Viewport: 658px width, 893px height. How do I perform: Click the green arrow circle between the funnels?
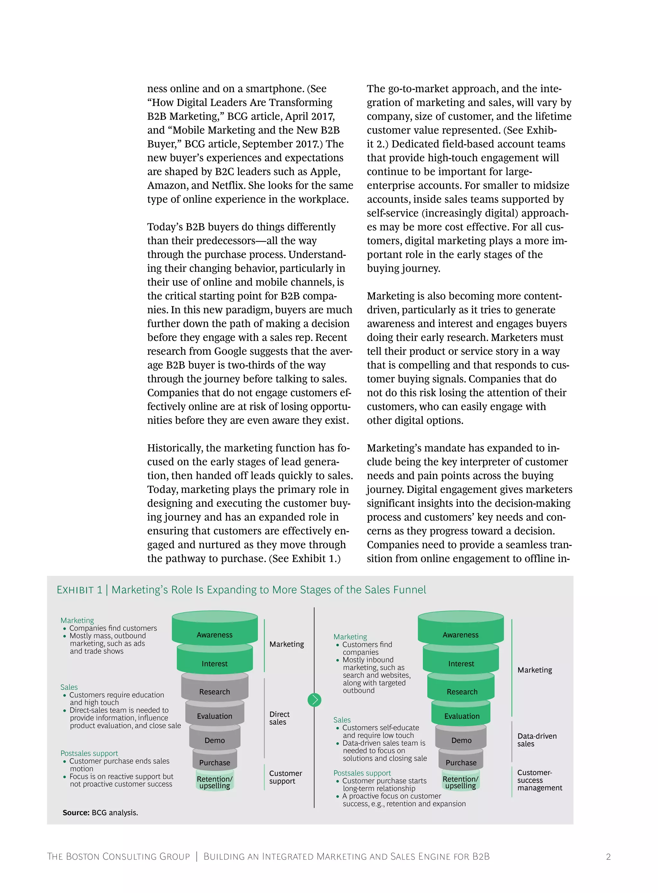point(314,700)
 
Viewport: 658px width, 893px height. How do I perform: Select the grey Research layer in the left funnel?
point(215,692)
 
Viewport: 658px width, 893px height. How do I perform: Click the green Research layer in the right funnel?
point(461,692)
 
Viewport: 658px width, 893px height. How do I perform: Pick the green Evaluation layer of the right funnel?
point(461,716)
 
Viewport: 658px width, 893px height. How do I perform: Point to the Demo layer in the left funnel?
point(215,740)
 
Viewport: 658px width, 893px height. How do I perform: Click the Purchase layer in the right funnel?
point(461,762)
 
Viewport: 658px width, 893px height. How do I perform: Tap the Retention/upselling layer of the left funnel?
point(215,782)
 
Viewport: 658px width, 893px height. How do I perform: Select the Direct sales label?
point(279,718)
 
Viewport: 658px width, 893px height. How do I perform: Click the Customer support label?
point(285,777)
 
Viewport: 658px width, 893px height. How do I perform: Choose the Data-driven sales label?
point(537,740)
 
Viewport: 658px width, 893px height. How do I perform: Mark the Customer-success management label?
point(539,780)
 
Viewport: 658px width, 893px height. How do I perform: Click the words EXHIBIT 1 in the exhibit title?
point(79,590)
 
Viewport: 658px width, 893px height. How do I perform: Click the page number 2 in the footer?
point(608,857)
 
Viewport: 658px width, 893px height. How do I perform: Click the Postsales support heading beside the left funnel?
point(89,753)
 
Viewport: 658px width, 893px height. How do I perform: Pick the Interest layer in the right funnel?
point(461,664)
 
